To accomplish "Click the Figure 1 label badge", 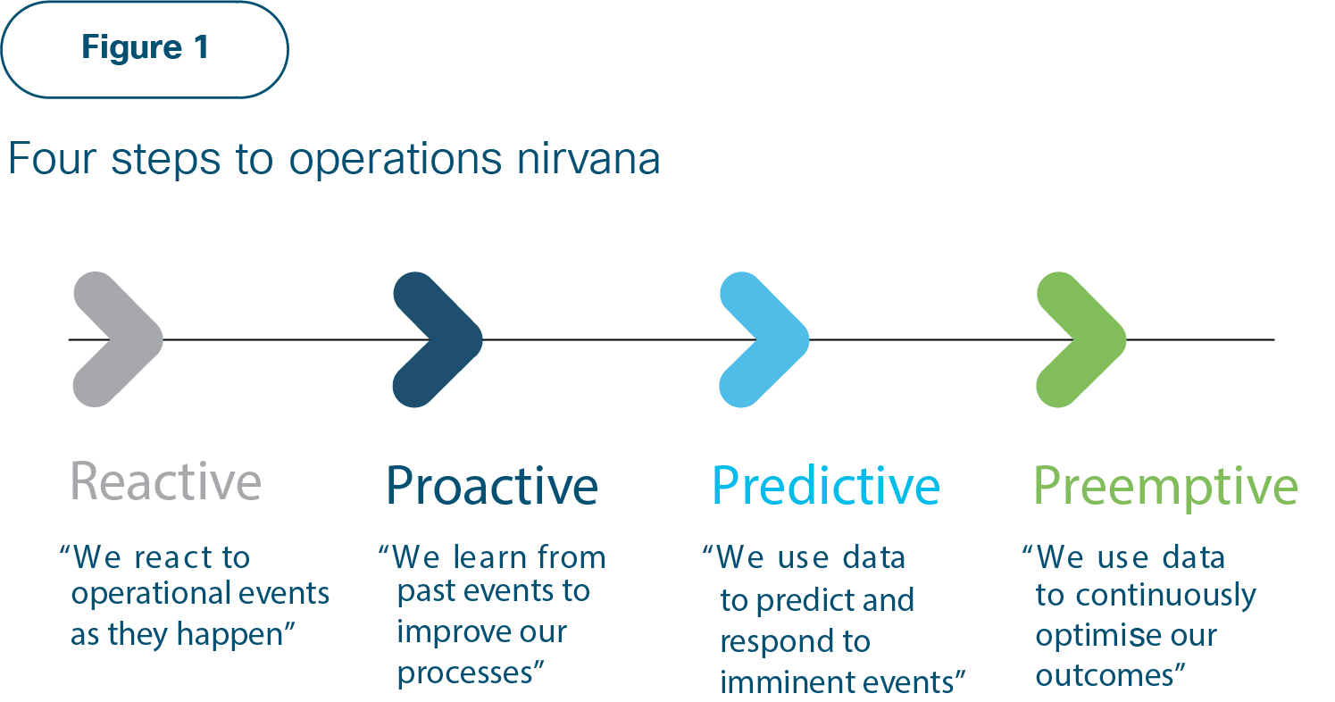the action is click(145, 49).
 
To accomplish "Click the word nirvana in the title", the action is click(588, 159).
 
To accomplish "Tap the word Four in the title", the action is click(53, 159).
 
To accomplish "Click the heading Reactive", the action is click(166, 481).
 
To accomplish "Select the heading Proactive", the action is click(492, 486).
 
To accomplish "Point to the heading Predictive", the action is click(826, 486).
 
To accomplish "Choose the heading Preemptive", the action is click(1165, 488).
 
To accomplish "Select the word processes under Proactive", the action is click(465, 674).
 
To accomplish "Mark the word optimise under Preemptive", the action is click(1094, 636).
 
